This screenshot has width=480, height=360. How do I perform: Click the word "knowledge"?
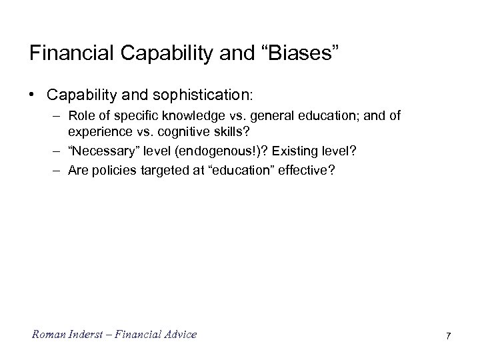tap(183, 116)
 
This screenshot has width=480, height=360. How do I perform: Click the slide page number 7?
tap(448, 335)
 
